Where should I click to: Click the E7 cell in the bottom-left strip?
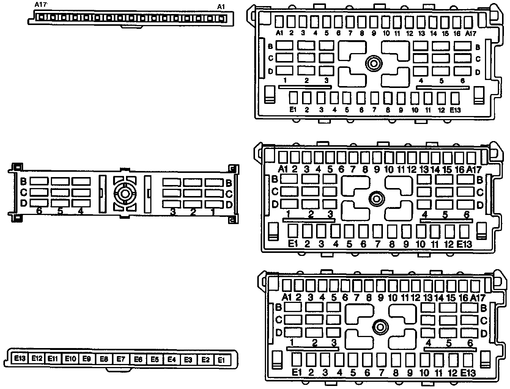[121, 359]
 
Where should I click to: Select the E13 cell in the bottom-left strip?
[20, 358]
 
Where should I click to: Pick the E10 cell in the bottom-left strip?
[70, 358]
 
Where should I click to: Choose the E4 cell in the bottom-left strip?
[172, 359]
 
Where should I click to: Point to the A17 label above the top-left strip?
[41, 5]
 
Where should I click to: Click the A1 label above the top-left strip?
[221, 7]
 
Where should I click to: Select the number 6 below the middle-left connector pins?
[39, 211]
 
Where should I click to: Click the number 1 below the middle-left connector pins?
[212, 212]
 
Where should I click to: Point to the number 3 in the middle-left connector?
[173, 212]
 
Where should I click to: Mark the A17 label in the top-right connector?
[471, 33]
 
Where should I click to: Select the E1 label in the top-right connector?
[293, 110]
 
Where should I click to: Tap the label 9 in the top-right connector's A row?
[374, 33]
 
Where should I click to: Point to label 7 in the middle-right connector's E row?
[378, 244]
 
